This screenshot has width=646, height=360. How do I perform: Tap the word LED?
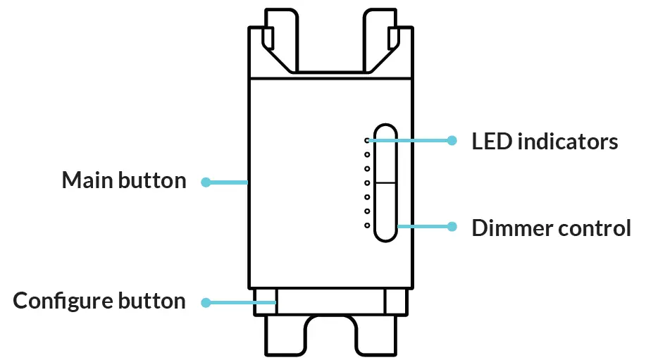coord(491,142)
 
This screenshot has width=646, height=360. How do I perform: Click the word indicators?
coord(567,142)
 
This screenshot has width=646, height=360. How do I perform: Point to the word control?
coord(597,228)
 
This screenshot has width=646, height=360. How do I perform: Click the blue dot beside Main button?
coord(206,182)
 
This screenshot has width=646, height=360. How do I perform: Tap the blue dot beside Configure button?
coord(206,303)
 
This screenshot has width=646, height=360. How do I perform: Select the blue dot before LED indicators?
coord(452,140)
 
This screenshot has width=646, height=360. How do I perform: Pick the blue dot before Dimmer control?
coord(452,227)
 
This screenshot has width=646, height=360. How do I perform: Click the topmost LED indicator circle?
coord(367,141)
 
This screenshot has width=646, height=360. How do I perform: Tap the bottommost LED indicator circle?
coord(367,225)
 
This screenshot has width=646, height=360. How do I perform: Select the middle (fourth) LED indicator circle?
coord(367,183)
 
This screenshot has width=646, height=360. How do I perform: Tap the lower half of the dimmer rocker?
coord(385,211)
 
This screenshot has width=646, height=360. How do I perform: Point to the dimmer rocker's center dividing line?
coord(385,182)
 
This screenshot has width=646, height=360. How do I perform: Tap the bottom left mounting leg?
coord(286,335)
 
